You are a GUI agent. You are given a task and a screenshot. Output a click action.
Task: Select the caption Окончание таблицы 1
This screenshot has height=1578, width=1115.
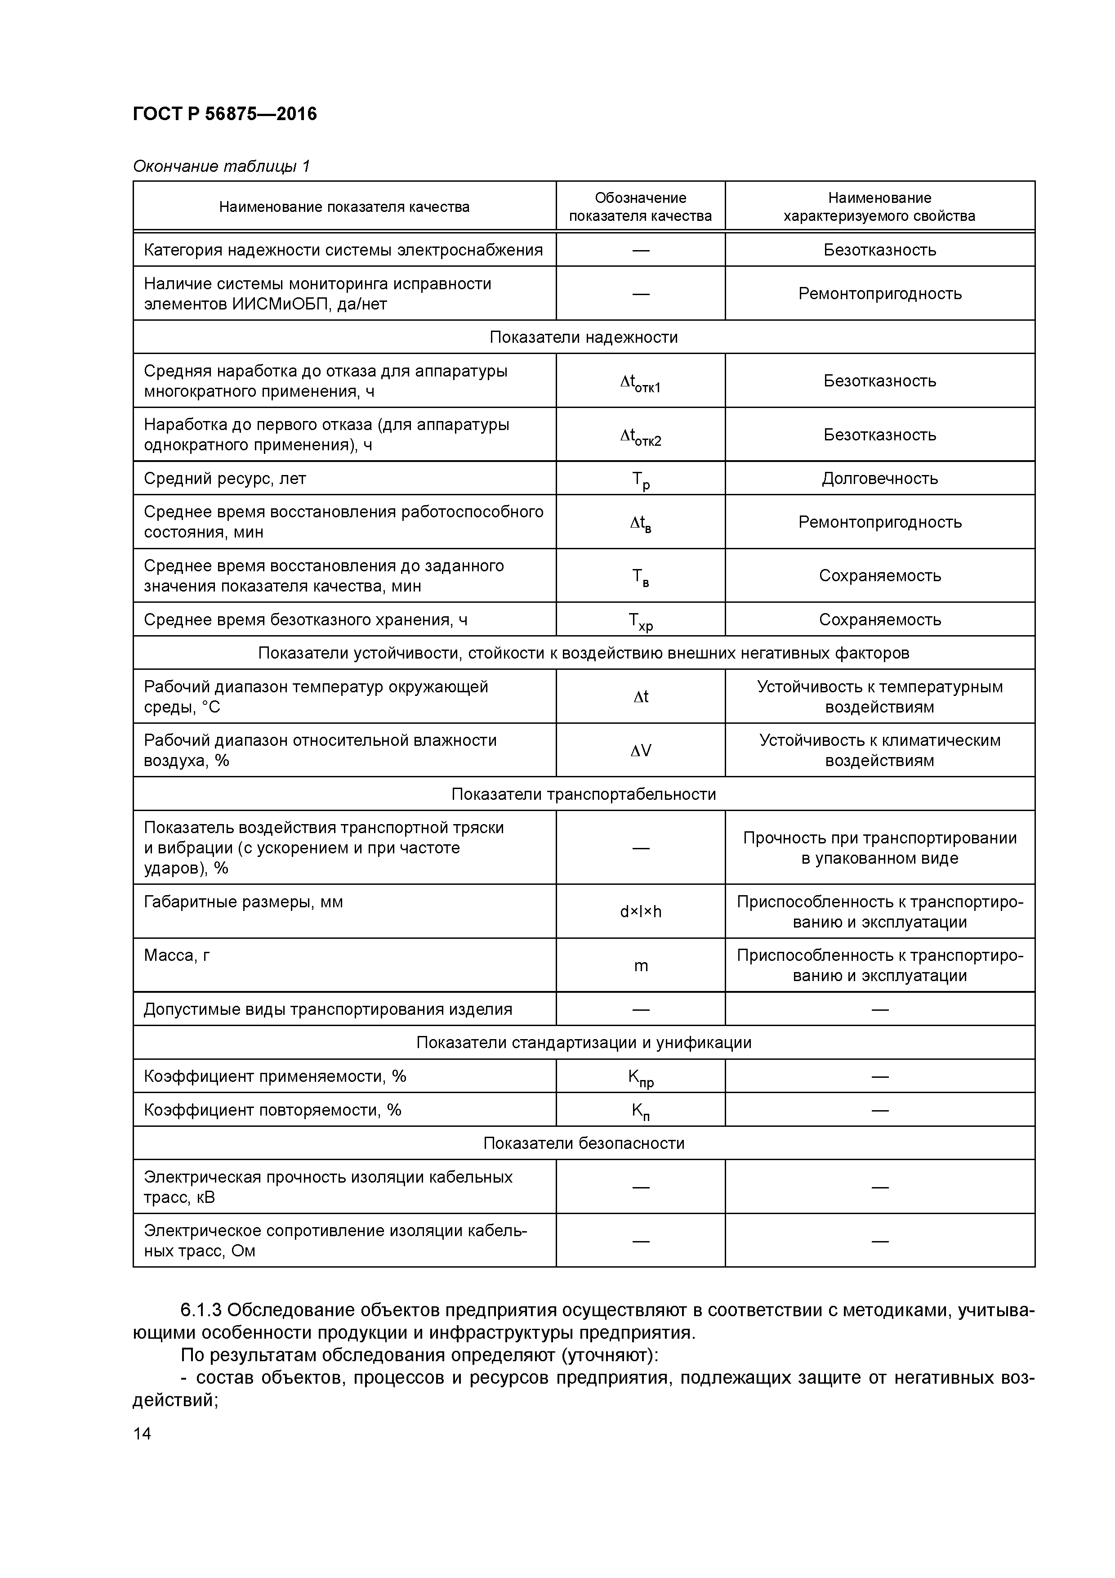[x=221, y=166]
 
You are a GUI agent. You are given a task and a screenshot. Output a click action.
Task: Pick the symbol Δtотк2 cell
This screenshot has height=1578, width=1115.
[x=640, y=436]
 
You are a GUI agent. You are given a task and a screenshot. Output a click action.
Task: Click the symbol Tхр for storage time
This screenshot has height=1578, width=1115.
[x=640, y=621]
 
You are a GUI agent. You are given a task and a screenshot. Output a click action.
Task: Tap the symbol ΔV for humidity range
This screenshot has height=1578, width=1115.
[x=640, y=750]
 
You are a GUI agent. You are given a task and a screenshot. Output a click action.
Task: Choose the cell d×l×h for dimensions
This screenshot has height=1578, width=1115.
[x=640, y=912]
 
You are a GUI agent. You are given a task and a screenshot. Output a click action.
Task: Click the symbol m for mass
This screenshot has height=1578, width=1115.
[x=640, y=966]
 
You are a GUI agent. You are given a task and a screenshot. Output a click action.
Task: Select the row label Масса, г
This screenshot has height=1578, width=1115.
[x=177, y=955]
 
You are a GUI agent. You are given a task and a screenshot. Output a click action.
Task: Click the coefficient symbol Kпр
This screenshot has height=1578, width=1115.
[x=640, y=1078]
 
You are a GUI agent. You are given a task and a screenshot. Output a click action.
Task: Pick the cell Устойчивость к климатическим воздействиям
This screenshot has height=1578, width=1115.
[x=879, y=750]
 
